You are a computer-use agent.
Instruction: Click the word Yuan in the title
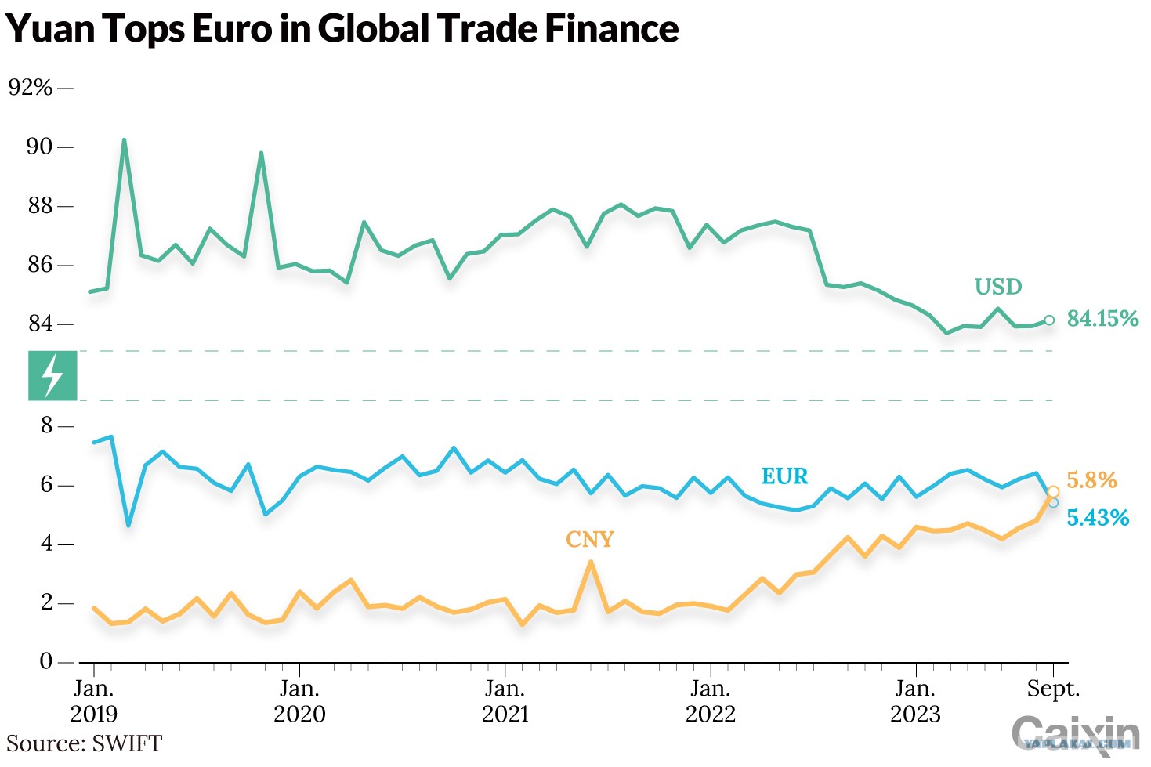click(x=50, y=29)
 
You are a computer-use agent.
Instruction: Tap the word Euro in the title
click(x=232, y=29)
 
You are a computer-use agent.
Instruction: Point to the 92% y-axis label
click(x=31, y=88)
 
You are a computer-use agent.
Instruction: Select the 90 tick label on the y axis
click(x=39, y=147)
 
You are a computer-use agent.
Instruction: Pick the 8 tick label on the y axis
click(x=47, y=425)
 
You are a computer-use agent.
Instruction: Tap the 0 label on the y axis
click(x=46, y=661)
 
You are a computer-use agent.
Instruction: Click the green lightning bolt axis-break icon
click(x=52, y=375)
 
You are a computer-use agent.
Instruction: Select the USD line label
click(x=998, y=287)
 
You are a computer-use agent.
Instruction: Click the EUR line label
click(x=784, y=476)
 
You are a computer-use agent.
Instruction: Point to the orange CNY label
click(x=590, y=540)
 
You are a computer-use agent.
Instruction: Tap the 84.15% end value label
click(x=1102, y=319)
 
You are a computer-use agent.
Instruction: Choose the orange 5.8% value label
click(x=1091, y=480)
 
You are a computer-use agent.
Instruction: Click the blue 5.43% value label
click(x=1098, y=518)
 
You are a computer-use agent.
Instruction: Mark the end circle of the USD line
click(x=1049, y=320)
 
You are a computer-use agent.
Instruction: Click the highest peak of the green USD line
click(x=124, y=139)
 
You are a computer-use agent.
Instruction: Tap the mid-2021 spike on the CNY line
click(x=591, y=562)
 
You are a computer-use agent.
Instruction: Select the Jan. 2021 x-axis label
click(x=505, y=701)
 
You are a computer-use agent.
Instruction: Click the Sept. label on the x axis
click(x=1053, y=689)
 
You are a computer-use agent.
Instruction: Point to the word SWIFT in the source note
click(x=127, y=743)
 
